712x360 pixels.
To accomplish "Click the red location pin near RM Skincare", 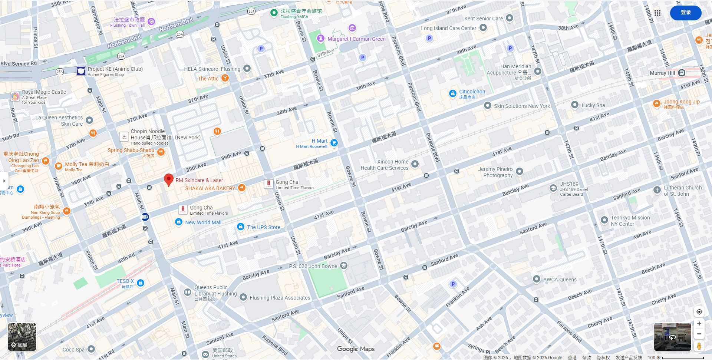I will (169, 179).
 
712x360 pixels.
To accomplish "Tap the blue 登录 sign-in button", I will (685, 13).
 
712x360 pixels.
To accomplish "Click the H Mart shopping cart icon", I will (334, 143).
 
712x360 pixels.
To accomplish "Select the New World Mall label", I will (203, 222).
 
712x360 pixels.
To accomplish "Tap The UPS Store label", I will (263, 227).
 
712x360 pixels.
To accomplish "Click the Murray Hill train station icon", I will (682, 73).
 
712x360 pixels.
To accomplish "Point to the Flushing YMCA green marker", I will (274, 13).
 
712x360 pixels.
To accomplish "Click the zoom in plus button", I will (699, 324).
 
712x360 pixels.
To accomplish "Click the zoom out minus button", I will (699, 334).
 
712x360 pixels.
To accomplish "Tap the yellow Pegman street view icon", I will (699, 346).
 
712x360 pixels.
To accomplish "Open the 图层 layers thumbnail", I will (22, 337).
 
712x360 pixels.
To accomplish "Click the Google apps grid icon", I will (657, 13).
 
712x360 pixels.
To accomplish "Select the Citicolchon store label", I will (472, 92).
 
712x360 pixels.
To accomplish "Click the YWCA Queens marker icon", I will (536, 279).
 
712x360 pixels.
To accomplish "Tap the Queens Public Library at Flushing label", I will (215, 291).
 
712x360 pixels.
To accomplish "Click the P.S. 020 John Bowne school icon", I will (344, 265).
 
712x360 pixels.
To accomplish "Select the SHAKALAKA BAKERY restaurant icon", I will (241, 188).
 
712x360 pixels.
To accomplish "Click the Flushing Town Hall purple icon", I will (151, 22).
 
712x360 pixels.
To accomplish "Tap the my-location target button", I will (699, 312).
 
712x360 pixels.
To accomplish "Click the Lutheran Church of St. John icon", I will (657, 190).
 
